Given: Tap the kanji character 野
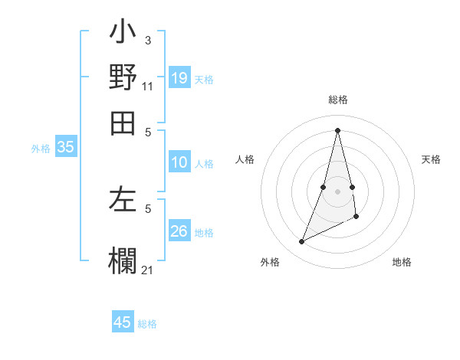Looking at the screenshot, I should pos(123,78).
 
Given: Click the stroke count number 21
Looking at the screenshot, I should pos(148,269).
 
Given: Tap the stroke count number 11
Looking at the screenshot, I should pos(148,87).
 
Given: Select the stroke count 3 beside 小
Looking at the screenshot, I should pos(148,40).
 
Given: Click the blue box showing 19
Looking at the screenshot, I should pos(179,77).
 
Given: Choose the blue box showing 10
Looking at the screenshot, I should pos(179,162).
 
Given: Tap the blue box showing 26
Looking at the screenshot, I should pos(179,231).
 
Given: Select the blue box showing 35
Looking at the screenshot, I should pos(65,148).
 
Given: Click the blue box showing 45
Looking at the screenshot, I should pos(123,322).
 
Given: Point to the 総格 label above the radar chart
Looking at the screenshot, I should pos(338,100).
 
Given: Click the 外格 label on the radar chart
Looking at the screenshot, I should pos(270,262).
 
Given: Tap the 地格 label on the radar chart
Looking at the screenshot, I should pos(402,262).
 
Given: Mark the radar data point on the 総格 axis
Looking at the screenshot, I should pos(337,129).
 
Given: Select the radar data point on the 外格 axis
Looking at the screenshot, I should pos(301,242).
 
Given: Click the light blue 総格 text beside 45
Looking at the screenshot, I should pos(147,324).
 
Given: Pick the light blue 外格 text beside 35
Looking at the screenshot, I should pos(41,149).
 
